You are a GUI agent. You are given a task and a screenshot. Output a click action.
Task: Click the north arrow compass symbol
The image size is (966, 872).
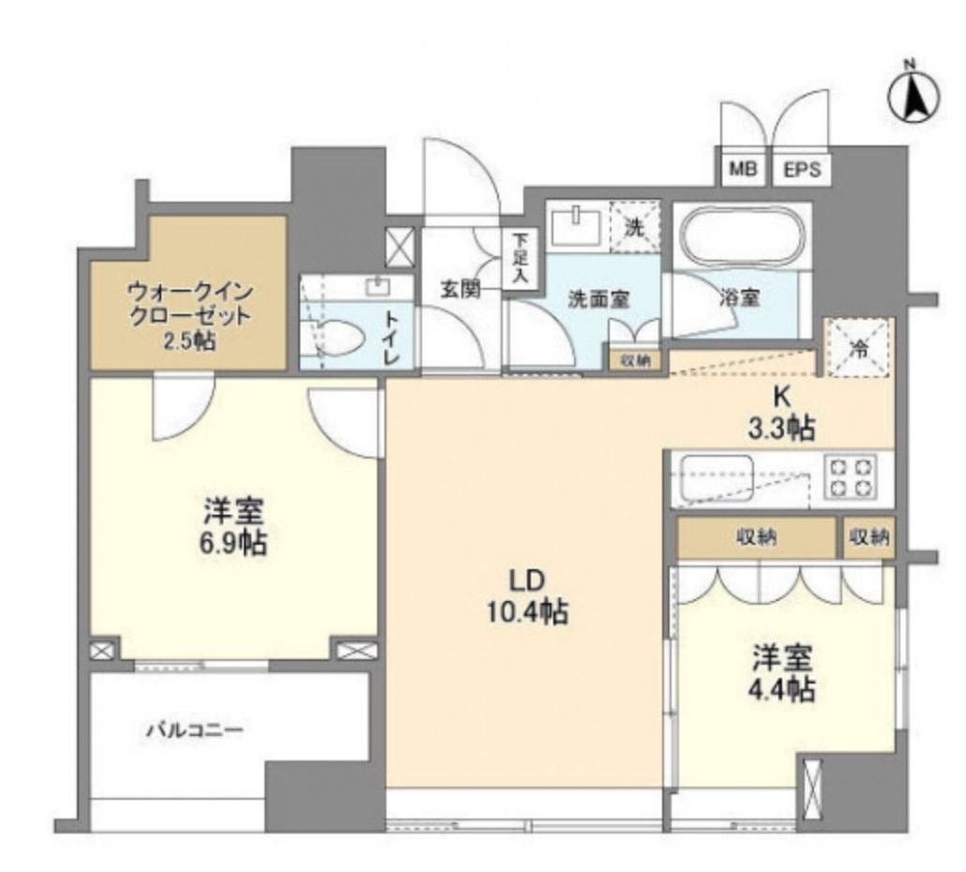click(913, 97)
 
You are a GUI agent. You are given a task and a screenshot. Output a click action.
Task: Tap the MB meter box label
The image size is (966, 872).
click(743, 171)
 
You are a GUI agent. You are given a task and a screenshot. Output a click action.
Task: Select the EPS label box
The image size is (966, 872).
click(801, 171)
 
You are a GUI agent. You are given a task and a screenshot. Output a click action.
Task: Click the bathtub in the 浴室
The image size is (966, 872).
click(743, 240)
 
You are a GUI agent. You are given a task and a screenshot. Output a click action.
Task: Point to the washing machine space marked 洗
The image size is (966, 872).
click(635, 226)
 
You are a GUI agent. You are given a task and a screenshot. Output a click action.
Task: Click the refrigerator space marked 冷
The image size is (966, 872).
click(858, 345)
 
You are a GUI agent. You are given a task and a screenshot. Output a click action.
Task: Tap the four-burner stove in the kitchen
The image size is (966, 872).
click(850, 476)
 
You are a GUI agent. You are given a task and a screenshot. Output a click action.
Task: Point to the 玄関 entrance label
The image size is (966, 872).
click(461, 290)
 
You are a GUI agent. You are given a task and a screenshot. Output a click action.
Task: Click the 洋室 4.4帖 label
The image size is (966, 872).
click(781, 673)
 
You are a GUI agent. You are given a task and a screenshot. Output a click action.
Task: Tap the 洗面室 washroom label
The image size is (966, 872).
click(597, 300)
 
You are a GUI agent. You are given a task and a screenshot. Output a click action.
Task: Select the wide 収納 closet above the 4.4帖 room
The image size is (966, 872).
click(757, 537)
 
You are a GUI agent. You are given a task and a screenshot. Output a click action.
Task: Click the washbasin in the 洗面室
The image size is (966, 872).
click(570, 225)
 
